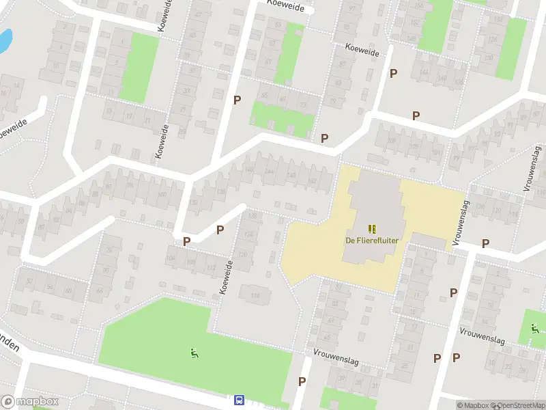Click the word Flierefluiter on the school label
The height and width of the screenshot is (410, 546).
pyautogui.click(x=377, y=241)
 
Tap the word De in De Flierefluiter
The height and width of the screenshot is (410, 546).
pyautogui.click(x=350, y=241)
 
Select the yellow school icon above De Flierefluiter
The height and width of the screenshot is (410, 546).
pyautogui.click(x=371, y=229)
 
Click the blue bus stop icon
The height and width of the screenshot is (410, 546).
pyautogui.click(x=240, y=400)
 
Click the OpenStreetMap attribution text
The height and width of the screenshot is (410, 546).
pyautogui.click(x=516, y=405)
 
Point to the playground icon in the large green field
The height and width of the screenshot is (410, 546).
pyautogui.click(x=195, y=353)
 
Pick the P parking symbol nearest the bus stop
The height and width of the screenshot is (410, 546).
pyautogui.click(x=302, y=381)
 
